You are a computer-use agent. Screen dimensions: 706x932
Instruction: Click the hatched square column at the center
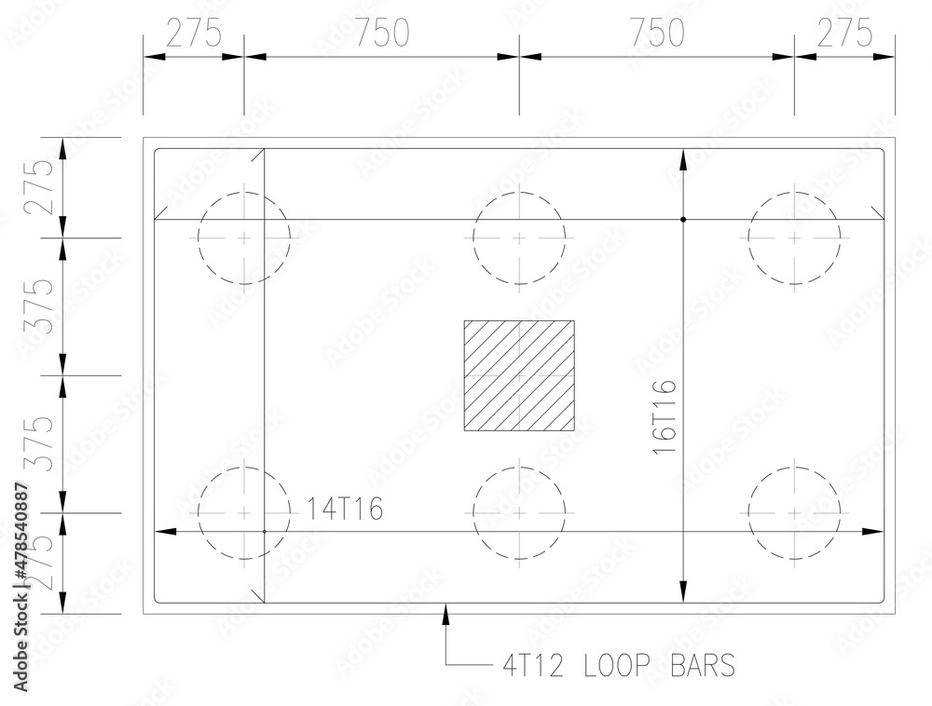coord(519,375)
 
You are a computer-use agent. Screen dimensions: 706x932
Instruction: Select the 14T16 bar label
coord(346,508)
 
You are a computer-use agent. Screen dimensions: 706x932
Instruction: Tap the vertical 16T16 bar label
coord(665,416)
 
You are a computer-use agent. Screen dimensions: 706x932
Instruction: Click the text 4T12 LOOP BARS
coord(619,665)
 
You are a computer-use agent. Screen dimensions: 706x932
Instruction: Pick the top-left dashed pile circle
coord(244,238)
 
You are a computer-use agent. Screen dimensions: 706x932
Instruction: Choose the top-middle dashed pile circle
coord(519,238)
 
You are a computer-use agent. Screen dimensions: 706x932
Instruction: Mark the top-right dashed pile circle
coord(794,238)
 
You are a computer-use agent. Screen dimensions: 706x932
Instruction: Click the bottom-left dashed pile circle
coord(244,513)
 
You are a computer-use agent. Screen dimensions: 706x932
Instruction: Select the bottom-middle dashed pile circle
coord(519,513)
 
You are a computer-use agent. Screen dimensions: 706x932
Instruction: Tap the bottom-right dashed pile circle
coord(794,513)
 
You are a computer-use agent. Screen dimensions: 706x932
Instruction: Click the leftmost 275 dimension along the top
coord(194,33)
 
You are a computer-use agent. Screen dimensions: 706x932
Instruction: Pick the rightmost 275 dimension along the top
coord(844,33)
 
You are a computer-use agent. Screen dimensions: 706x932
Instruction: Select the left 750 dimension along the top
coord(382,33)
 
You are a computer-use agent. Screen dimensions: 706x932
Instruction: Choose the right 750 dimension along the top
coord(656,33)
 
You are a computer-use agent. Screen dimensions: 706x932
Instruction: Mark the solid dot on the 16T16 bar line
coord(683,220)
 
